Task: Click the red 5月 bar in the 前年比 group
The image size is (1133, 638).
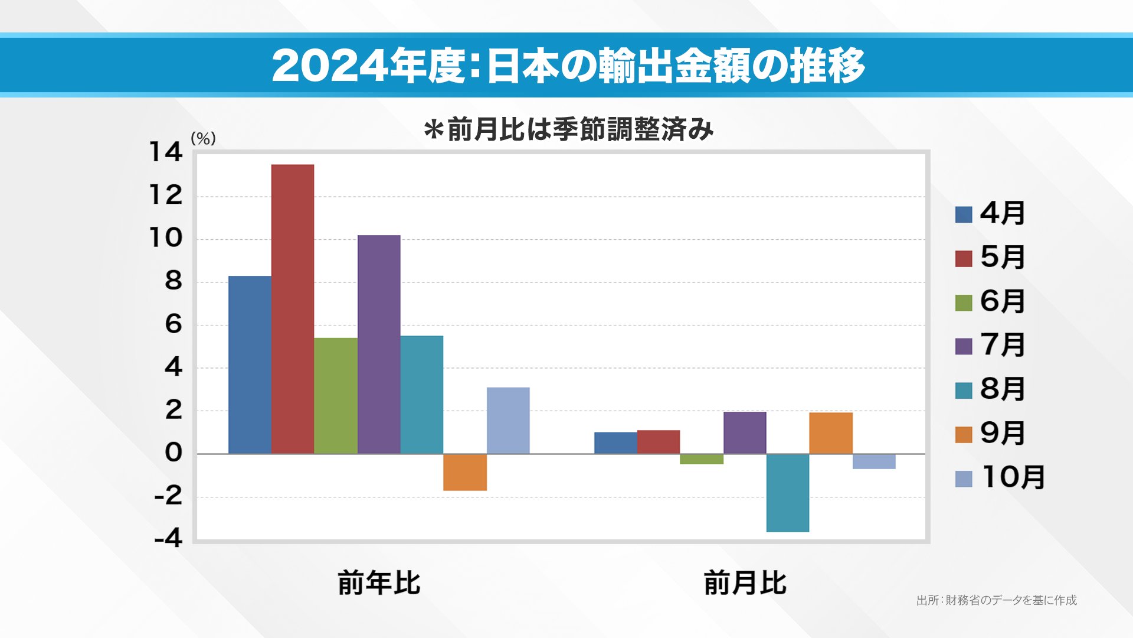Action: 293,309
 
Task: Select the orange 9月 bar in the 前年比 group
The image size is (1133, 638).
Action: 465,472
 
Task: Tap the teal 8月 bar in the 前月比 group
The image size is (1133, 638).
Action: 788,493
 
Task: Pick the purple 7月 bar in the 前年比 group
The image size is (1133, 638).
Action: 379,344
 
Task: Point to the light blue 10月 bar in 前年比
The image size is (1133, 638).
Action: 508,421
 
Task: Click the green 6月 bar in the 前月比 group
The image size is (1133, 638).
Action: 702,459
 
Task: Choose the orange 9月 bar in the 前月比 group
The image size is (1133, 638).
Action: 831,433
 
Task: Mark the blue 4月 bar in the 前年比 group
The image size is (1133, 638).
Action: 250,364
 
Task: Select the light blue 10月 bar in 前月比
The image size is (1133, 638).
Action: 874,461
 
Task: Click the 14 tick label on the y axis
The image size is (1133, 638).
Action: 166,152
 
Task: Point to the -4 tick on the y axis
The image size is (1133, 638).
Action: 168,539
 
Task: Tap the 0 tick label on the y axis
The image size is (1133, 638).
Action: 173,453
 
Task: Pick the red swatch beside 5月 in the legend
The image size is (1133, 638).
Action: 963,258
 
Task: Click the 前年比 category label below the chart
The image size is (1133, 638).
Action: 379,583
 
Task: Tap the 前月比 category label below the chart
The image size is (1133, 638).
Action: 745,583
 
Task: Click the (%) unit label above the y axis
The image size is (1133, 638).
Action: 203,139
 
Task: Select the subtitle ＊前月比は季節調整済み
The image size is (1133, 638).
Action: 569,129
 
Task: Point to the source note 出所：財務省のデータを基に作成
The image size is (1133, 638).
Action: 996,600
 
